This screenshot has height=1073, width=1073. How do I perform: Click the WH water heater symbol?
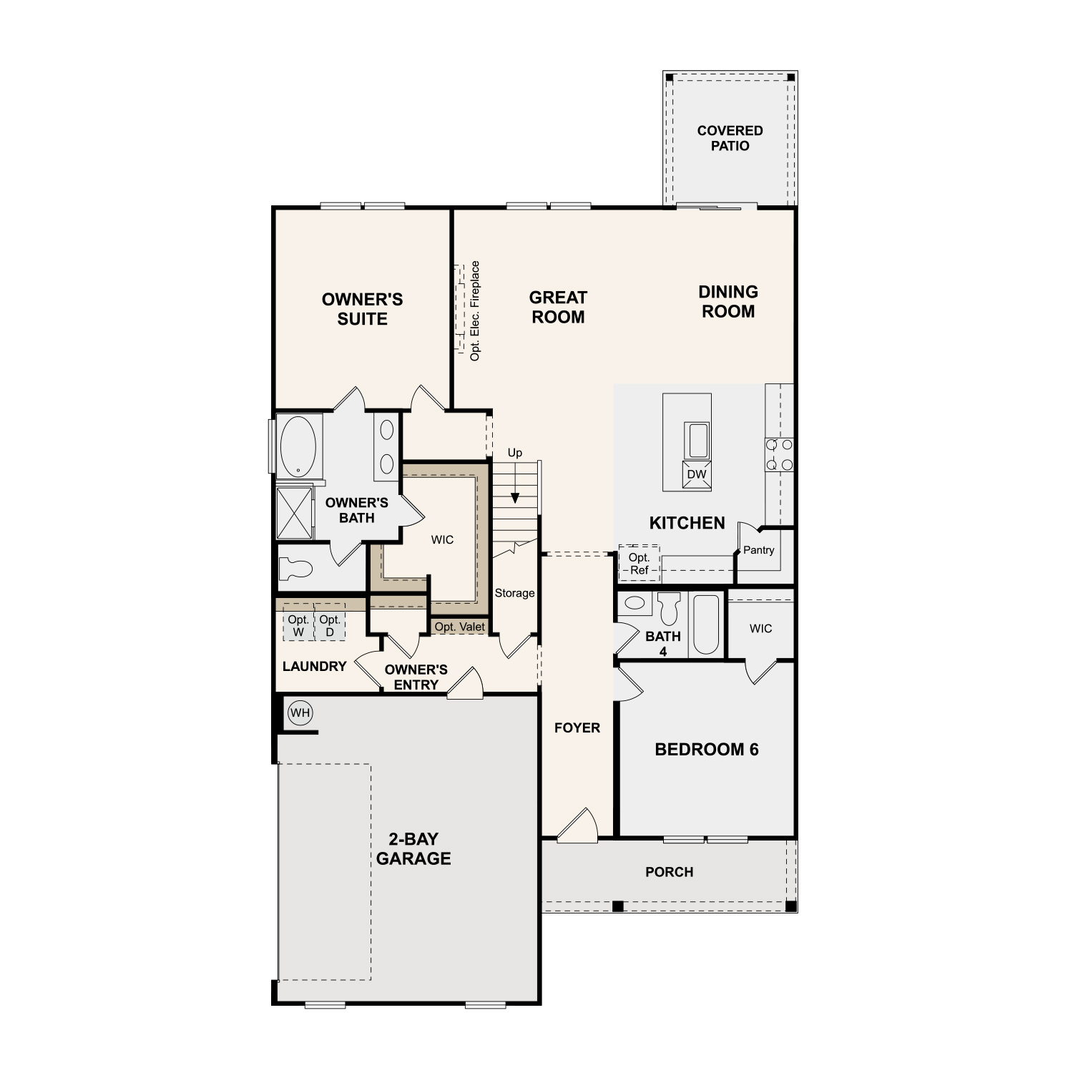tap(300, 712)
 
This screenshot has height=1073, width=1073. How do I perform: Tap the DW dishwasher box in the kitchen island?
tap(697, 474)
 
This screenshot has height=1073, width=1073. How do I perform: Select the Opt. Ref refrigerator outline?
tap(640, 564)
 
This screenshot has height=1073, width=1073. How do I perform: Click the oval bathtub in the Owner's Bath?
tap(298, 446)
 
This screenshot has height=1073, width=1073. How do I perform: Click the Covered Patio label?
tap(730, 138)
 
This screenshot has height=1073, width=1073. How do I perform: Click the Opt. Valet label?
tap(460, 627)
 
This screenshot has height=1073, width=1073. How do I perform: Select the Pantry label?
tap(759, 550)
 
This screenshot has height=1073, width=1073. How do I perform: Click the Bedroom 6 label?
tap(707, 750)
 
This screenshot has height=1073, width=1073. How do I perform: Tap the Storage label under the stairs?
tap(514, 593)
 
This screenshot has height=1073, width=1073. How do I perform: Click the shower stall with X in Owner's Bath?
tap(295, 512)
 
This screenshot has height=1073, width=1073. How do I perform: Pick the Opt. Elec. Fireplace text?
tap(475, 310)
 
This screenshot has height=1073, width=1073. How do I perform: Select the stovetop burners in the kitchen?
tap(780, 455)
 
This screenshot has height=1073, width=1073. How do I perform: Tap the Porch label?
tap(670, 872)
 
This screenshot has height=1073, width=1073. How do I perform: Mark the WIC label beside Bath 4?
tap(761, 629)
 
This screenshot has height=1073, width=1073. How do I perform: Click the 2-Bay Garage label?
tap(413, 849)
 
